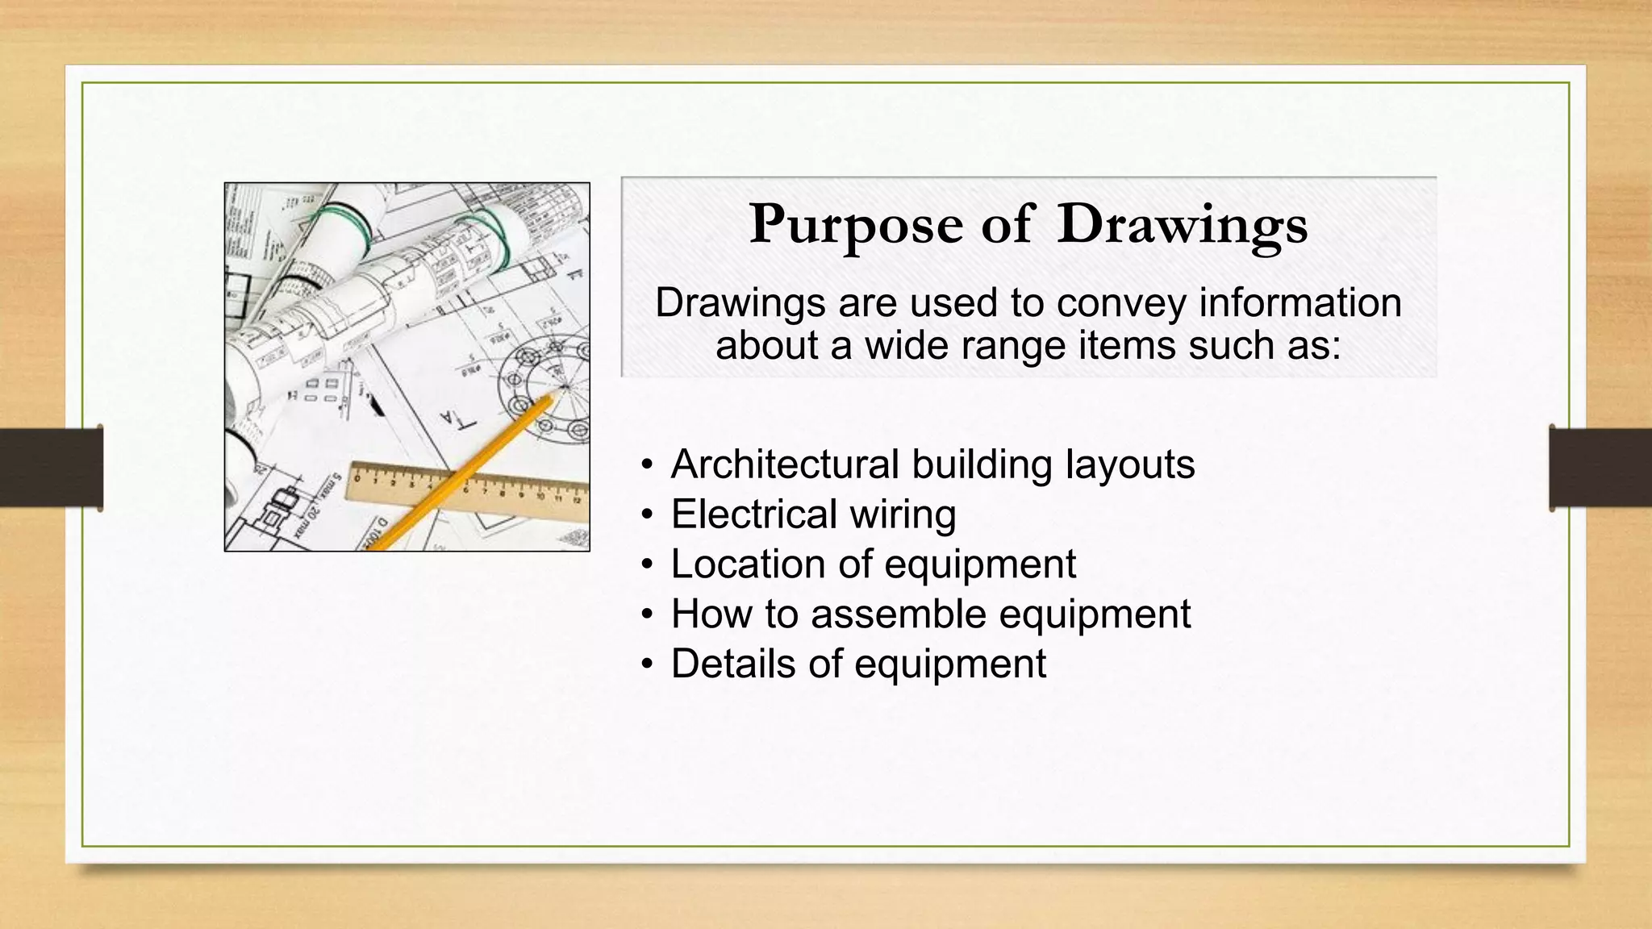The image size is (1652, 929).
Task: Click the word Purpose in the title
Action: click(x=856, y=224)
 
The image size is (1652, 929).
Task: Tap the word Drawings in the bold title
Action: click(x=1182, y=224)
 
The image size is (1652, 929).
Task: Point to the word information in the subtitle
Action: click(x=1300, y=303)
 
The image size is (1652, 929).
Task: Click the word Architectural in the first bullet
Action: click(x=784, y=464)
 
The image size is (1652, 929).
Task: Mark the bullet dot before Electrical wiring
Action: click(x=647, y=515)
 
